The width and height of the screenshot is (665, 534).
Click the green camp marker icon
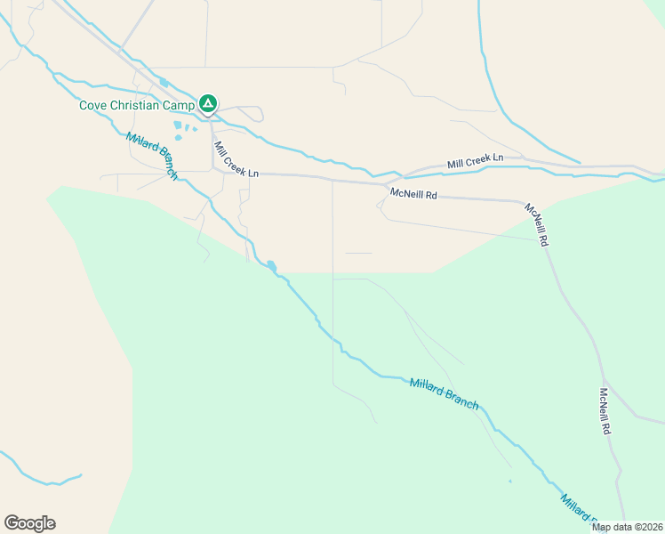(x=207, y=105)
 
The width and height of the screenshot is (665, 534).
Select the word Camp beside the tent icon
(x=177, y=105)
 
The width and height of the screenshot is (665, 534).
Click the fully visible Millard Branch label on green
(x=444, y=393)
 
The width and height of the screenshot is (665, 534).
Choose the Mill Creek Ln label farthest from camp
(x=475, y=160)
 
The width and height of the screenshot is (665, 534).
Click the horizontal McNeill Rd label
(x=414, y=193)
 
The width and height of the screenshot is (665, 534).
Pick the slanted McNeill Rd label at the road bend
(x=536, y=224)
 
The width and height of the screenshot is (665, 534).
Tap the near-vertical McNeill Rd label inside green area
(x=605, y=410)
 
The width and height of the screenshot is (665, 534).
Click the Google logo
(x=29, y=523)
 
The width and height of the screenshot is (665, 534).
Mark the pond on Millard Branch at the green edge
(x=270, y=265)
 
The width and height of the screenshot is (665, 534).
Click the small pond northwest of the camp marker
(x=164, y=83)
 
